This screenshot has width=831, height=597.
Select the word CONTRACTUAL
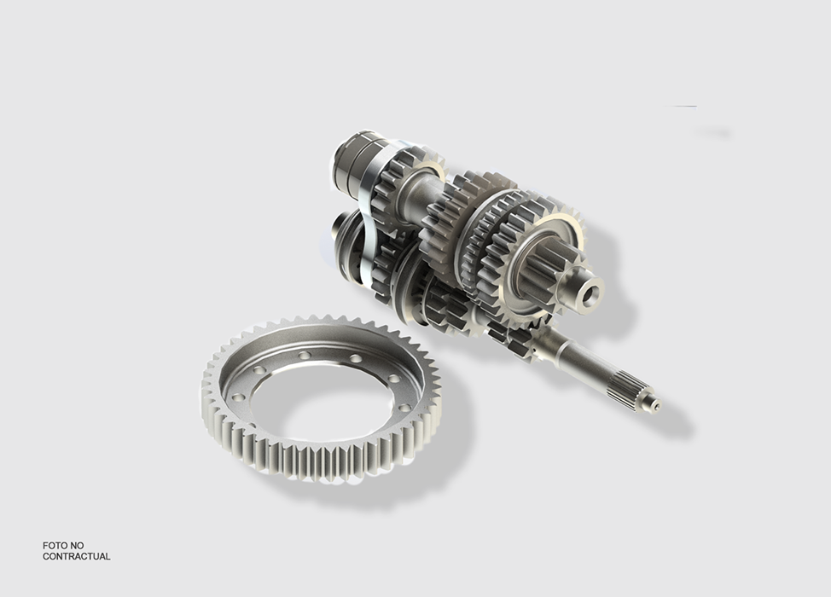76,556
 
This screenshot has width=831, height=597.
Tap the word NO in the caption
77,545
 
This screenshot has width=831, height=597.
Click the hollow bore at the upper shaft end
592,293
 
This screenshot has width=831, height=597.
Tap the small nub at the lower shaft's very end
656,405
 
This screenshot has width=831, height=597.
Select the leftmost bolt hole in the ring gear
236,397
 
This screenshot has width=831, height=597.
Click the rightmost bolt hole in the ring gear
406,408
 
